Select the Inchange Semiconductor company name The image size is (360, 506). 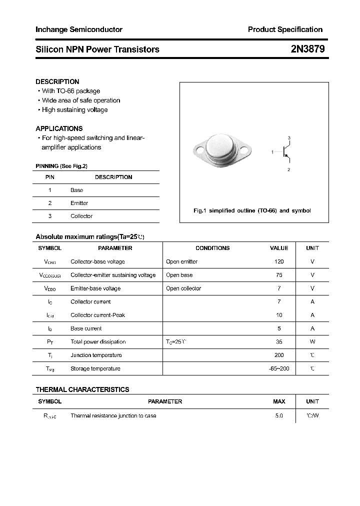coord(79,29)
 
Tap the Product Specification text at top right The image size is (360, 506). coord(285,29)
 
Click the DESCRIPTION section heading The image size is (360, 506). coord(57,81)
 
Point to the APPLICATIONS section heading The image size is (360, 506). coord(59,128)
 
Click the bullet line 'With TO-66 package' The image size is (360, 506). coord(70,91)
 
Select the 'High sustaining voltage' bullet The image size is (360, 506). coord(74,110)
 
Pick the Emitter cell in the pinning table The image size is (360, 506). coord(79,203)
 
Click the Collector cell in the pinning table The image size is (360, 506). coord(81,216)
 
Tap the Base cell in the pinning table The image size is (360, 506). coord(76,190)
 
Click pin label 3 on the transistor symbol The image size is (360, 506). coord(289,137)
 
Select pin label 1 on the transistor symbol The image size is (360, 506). coord(272,151)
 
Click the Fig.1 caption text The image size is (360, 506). coord(252,210)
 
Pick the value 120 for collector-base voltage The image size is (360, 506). coord(279,261)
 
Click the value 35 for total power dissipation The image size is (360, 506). coord(279,342)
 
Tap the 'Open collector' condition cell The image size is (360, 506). coord(183,288)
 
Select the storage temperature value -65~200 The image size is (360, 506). coord(279,368)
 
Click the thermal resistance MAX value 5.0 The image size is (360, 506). coord(279,416)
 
